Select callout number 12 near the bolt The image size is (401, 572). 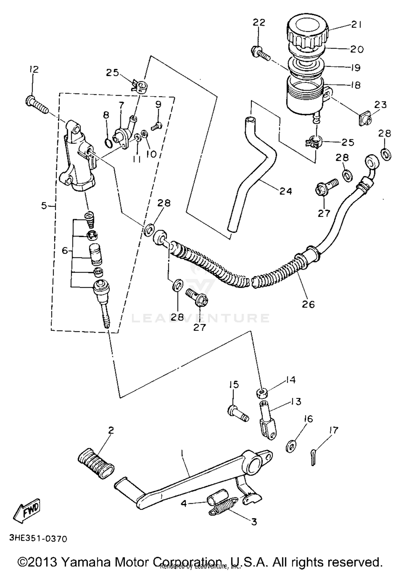pyautogui.click(x=34, y=69)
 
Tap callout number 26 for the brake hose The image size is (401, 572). pyautogui.click(x=308, y=304)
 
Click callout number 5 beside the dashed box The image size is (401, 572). pyautogui.click(x=44, y=206)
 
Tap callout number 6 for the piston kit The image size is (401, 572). pyautogui.click(x=65, y=250)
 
